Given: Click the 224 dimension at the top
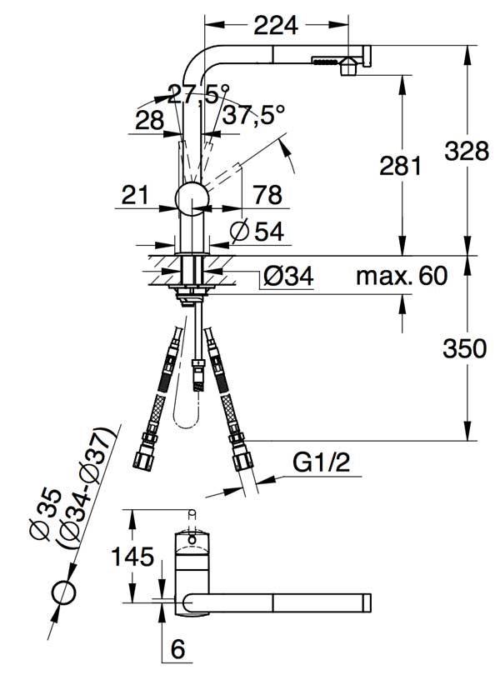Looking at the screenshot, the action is [x=276, y=25].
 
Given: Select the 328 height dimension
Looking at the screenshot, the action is [x=467, y=151].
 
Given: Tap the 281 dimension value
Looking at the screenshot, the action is [x=400, y=165].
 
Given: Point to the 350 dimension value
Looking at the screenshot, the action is [x=465, y=348].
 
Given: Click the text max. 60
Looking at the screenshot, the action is [x=402, y=276].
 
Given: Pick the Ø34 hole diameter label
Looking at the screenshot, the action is [x=288, y=276].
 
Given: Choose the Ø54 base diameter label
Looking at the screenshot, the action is [x=257, y=232].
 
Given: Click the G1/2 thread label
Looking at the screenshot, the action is [x=322, y=462].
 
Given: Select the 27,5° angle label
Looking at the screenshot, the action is [x=198, y=94].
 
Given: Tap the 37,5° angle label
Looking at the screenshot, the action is [x=253, y=115].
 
